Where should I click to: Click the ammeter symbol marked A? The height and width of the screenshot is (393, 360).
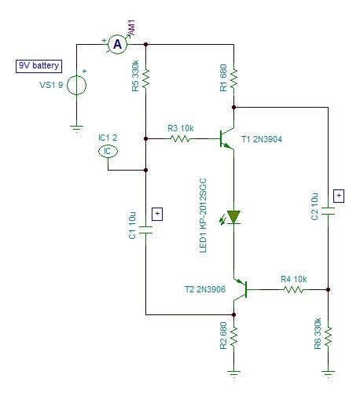[x=117, y=45]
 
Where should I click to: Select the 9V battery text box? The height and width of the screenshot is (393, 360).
[x=39, y=66]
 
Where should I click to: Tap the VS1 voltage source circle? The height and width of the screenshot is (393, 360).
[x=76, y=85]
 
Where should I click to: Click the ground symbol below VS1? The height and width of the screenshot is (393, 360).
[x=76, y=129]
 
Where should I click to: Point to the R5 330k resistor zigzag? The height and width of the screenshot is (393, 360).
[x=145, y=79]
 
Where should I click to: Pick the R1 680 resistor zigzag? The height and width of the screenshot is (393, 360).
[x=233, y=79]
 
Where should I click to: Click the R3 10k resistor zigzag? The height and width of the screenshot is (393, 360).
[x=180, y=138]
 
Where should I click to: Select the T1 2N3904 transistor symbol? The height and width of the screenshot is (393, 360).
[x=226, y=139]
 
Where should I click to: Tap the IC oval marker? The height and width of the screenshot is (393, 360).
[x=108, y=151]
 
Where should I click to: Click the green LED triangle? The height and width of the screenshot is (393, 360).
[x=233, y=217]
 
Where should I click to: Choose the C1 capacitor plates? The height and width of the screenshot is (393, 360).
[x=145, y=230]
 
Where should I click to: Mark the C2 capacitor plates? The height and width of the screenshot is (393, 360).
[x=328, y=211]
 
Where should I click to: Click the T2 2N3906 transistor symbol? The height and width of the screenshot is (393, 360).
[x=241, y=289]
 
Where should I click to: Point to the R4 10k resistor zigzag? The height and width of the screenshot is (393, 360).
[x=293, y=289]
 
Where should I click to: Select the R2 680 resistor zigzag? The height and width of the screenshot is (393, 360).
[x=233, y=336]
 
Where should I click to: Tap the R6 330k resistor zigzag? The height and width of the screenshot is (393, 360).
[x=328, y=336]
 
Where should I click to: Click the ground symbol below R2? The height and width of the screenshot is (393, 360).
[x=233, y=373]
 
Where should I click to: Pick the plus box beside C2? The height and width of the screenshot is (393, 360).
[x=339, y=196]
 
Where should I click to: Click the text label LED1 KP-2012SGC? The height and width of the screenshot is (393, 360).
[x=203, y=215]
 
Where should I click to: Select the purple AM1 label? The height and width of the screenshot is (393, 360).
[x=131, y=28]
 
